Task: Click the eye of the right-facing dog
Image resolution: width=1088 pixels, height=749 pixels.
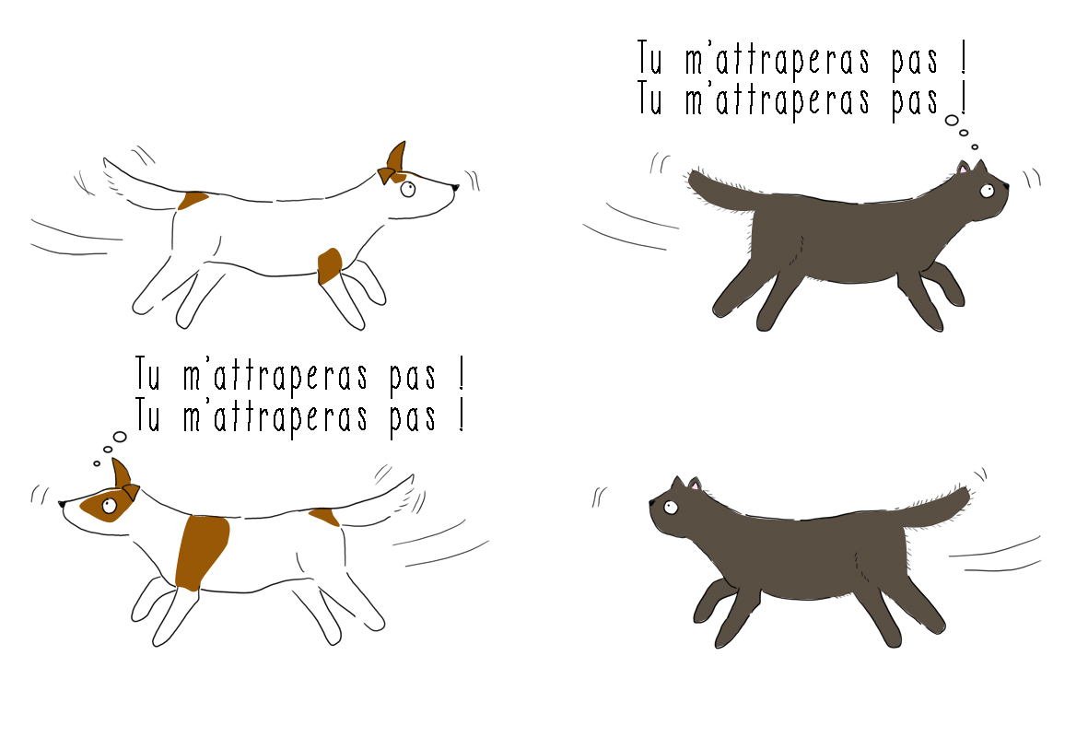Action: pyautogui.click(x=407, y=189)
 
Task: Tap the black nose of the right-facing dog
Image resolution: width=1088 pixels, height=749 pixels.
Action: pyautogui.click(x=454, y=186)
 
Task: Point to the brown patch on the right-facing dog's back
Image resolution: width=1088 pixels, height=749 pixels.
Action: pyautogui.click(x=193, y=201)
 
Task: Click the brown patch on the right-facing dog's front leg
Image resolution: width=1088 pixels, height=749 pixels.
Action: pyautogui.click(x=330, y=266)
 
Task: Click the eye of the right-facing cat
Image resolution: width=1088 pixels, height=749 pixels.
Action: pyautogui.click(x=987, y=190)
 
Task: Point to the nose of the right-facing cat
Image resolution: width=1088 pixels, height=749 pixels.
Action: pyautogui.click(x=1005, y=186)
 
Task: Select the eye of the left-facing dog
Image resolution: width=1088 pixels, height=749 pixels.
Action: pyautogui.click(x=109, y=506)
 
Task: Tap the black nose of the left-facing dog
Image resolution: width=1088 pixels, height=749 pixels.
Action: pyautogui.click(x=62, y=503)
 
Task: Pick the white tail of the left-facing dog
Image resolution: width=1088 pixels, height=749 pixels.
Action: pyautogui.click(x=375, y=498)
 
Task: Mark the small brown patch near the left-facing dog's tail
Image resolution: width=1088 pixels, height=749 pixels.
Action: pyautogui.click(x=324, y=517)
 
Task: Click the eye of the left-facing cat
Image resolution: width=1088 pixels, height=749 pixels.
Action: pyautogui.click(x=670, y=508)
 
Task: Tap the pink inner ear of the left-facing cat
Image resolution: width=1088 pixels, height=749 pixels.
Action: pyautogui.click(x=694, y=486)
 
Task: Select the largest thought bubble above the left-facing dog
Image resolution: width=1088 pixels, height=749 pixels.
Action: pyautogui.click(x=120, y=437)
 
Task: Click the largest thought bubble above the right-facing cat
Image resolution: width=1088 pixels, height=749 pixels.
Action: pyautogui.click(x=952, y=121)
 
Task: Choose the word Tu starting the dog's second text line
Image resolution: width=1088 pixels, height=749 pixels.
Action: pyautogui.click(x=147, y=415)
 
